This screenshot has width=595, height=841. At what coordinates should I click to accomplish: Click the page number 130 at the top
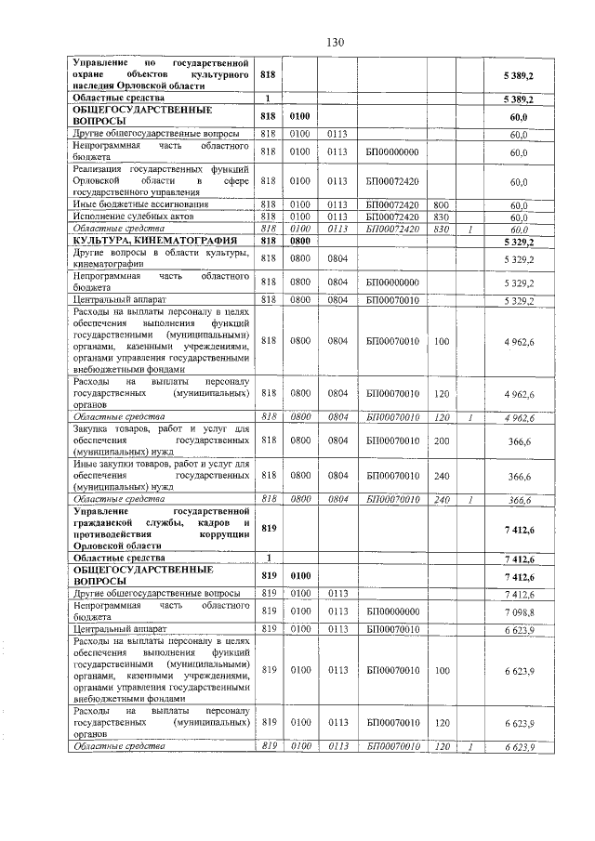pos(336,42)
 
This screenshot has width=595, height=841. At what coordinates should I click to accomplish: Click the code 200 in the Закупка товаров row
pos(441,440)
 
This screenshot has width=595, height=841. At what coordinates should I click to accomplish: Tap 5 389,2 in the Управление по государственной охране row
pos(519,72)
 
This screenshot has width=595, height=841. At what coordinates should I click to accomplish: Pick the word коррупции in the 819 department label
pos(223,534)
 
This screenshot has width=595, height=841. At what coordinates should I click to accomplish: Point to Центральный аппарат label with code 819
pos(117,629)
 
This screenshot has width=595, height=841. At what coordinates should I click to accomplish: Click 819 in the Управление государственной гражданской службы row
pos(269,529)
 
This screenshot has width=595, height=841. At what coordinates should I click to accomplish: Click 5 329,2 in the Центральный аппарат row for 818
pos(519,300)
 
